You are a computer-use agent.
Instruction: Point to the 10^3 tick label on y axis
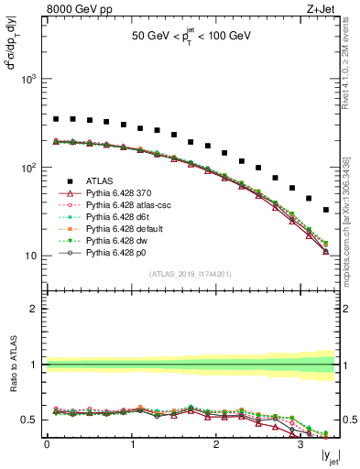click(29, 80)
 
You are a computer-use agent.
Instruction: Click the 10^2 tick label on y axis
click(29, 168)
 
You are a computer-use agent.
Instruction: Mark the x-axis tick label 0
click(47, 446)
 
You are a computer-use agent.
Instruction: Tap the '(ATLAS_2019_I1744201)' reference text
click(191, 274)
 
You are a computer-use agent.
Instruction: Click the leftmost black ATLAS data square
click(56, 119)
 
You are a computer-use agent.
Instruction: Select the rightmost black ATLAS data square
click(326, 210)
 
